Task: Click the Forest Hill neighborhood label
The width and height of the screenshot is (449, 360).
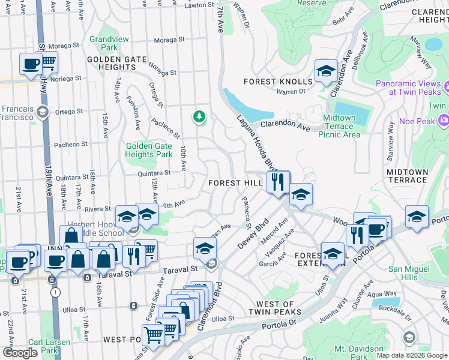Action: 235,183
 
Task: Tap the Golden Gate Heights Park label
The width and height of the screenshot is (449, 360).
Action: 148,150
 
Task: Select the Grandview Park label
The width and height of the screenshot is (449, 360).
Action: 103,43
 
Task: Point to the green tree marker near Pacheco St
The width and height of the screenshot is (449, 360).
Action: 199,116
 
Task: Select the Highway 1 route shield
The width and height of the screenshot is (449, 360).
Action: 55,292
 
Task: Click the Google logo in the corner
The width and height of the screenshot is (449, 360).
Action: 20,352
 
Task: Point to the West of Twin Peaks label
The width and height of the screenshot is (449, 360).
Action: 275,308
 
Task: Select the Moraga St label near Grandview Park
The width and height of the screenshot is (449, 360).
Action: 168,40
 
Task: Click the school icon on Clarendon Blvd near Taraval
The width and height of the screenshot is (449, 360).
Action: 205,248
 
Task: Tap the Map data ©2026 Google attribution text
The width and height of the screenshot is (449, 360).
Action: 411,355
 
